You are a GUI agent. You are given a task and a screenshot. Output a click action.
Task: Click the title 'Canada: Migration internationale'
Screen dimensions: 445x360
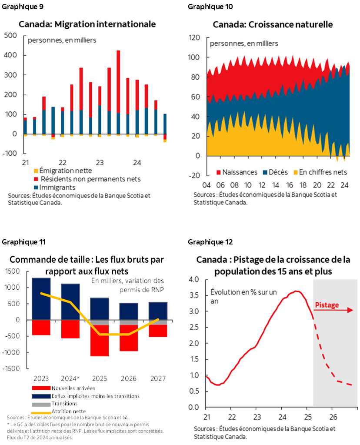[x=87, y=24]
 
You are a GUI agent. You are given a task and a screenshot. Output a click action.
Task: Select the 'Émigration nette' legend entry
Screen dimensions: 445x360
[x=59, y=171]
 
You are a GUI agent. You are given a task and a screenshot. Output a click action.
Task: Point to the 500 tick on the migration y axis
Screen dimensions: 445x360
[x=11, y=36]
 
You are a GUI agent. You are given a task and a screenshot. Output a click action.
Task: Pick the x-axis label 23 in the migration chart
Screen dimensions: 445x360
[x=100, y=163]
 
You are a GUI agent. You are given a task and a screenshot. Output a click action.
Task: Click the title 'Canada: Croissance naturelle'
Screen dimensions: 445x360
[x=273, y=24]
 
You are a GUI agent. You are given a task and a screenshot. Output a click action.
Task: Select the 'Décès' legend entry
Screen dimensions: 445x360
[x=278, y=172]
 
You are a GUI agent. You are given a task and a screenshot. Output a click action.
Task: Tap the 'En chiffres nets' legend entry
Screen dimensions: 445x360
[x=322, y=172]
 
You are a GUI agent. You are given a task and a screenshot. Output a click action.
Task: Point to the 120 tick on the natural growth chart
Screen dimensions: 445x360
[x=194, y=38]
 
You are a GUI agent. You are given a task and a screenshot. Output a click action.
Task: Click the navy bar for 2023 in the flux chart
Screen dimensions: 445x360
[x=41, y=298]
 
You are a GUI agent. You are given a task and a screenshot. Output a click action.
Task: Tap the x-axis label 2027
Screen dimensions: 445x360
[x=157, y=378]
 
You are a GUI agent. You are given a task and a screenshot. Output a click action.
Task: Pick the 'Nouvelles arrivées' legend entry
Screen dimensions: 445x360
[x=70, y=388]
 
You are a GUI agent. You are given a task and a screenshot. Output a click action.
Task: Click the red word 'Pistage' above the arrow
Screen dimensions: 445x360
[x=326, y=305]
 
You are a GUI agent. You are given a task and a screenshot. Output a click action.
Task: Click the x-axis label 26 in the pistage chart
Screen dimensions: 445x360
[x=332, y=416]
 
